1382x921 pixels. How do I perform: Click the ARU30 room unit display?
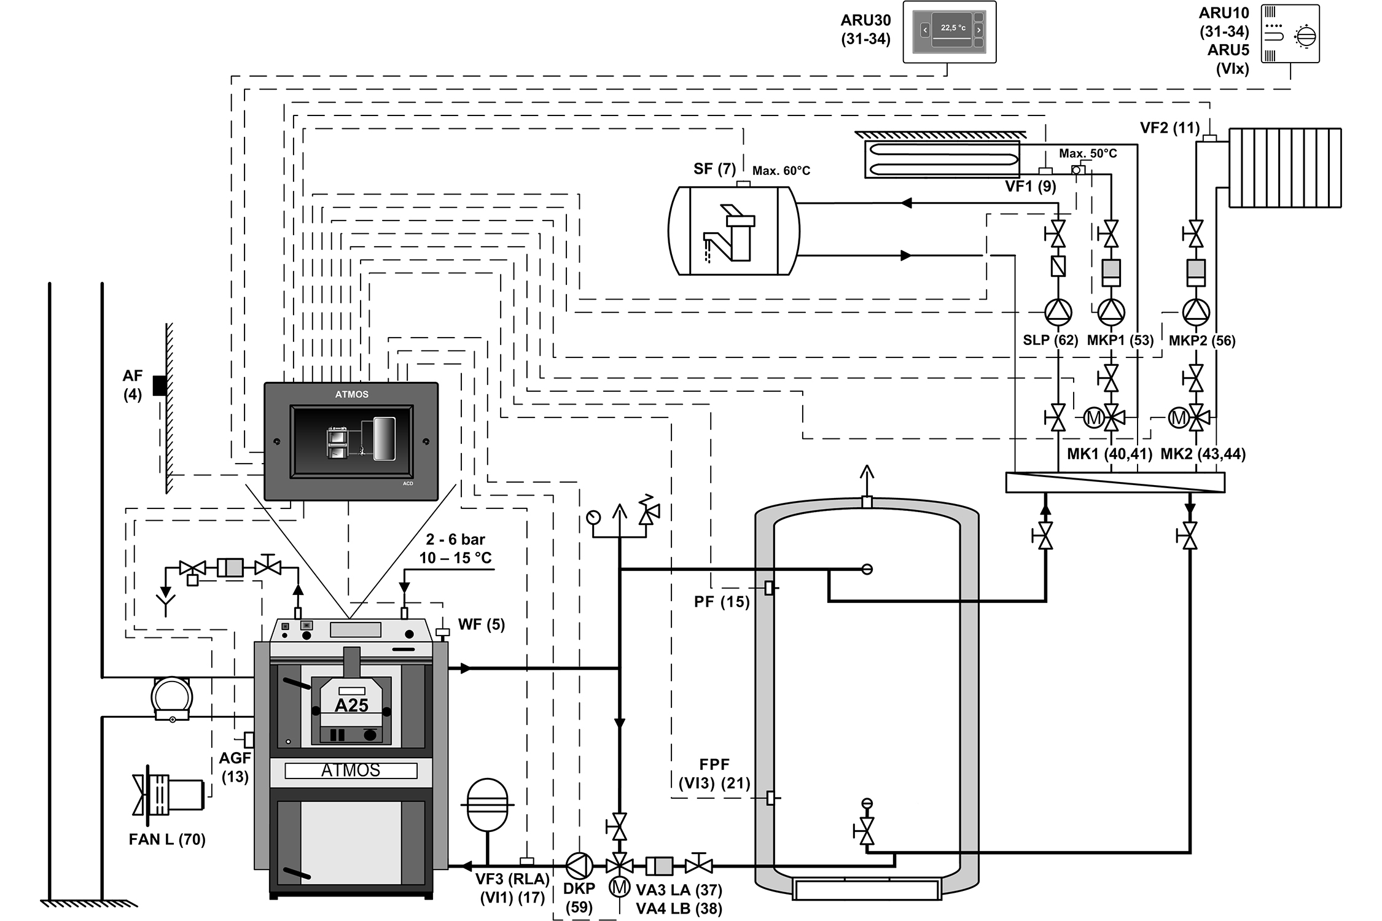coord(949,32)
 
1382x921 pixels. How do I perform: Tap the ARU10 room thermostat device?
coord(1290,34)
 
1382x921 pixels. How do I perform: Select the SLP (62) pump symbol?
coord(1058,312)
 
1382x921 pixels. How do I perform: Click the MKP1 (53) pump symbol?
coord(1111,312)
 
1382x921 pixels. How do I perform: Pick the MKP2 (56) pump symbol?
coord(1195,312)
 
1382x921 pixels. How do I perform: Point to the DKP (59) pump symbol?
coord(579,866)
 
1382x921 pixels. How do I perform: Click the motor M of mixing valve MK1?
coord(1093,418)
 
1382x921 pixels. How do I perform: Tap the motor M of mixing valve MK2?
coord(1178,418)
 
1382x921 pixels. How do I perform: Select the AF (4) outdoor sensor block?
coord(160,385)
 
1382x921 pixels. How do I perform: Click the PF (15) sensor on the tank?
coord(769,588)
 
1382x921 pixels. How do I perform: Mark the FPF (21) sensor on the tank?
coord(770,798)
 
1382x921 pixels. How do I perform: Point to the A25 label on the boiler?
coord(351,705)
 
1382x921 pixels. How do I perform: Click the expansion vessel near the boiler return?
coord(488,804)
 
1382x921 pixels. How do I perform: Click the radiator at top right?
coord(1284,168)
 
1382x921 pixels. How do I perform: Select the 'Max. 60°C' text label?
coord(781,171)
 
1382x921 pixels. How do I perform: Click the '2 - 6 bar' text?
coord(455,539)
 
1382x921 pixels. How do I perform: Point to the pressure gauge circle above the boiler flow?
coord(593,517)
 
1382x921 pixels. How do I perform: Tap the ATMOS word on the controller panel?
coord(351,394)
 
